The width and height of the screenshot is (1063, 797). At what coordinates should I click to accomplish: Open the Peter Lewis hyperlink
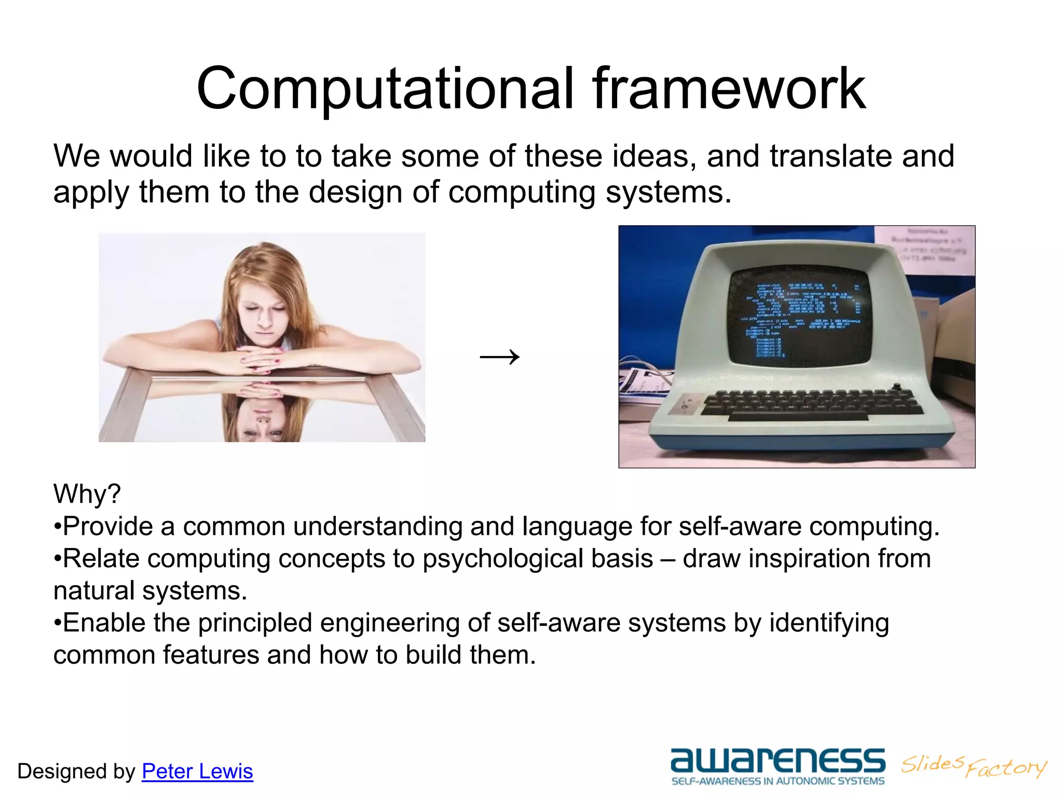click(197, 771)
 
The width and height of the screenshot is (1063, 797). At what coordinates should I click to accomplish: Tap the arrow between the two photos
click(499, 357)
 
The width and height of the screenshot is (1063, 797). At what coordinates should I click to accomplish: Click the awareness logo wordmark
click(778, 760)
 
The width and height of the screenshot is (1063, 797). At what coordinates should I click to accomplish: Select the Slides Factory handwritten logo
click(974, 765)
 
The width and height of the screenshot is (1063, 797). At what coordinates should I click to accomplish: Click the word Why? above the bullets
click(87, 493)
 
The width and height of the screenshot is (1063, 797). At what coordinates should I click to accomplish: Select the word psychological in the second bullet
click(538, 559)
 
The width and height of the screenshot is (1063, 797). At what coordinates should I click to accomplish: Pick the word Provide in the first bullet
click(108, 527)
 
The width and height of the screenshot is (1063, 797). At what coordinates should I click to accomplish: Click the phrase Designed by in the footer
click(76, 772)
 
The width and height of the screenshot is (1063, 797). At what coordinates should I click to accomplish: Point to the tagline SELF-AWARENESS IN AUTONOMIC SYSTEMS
click(778, 781)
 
